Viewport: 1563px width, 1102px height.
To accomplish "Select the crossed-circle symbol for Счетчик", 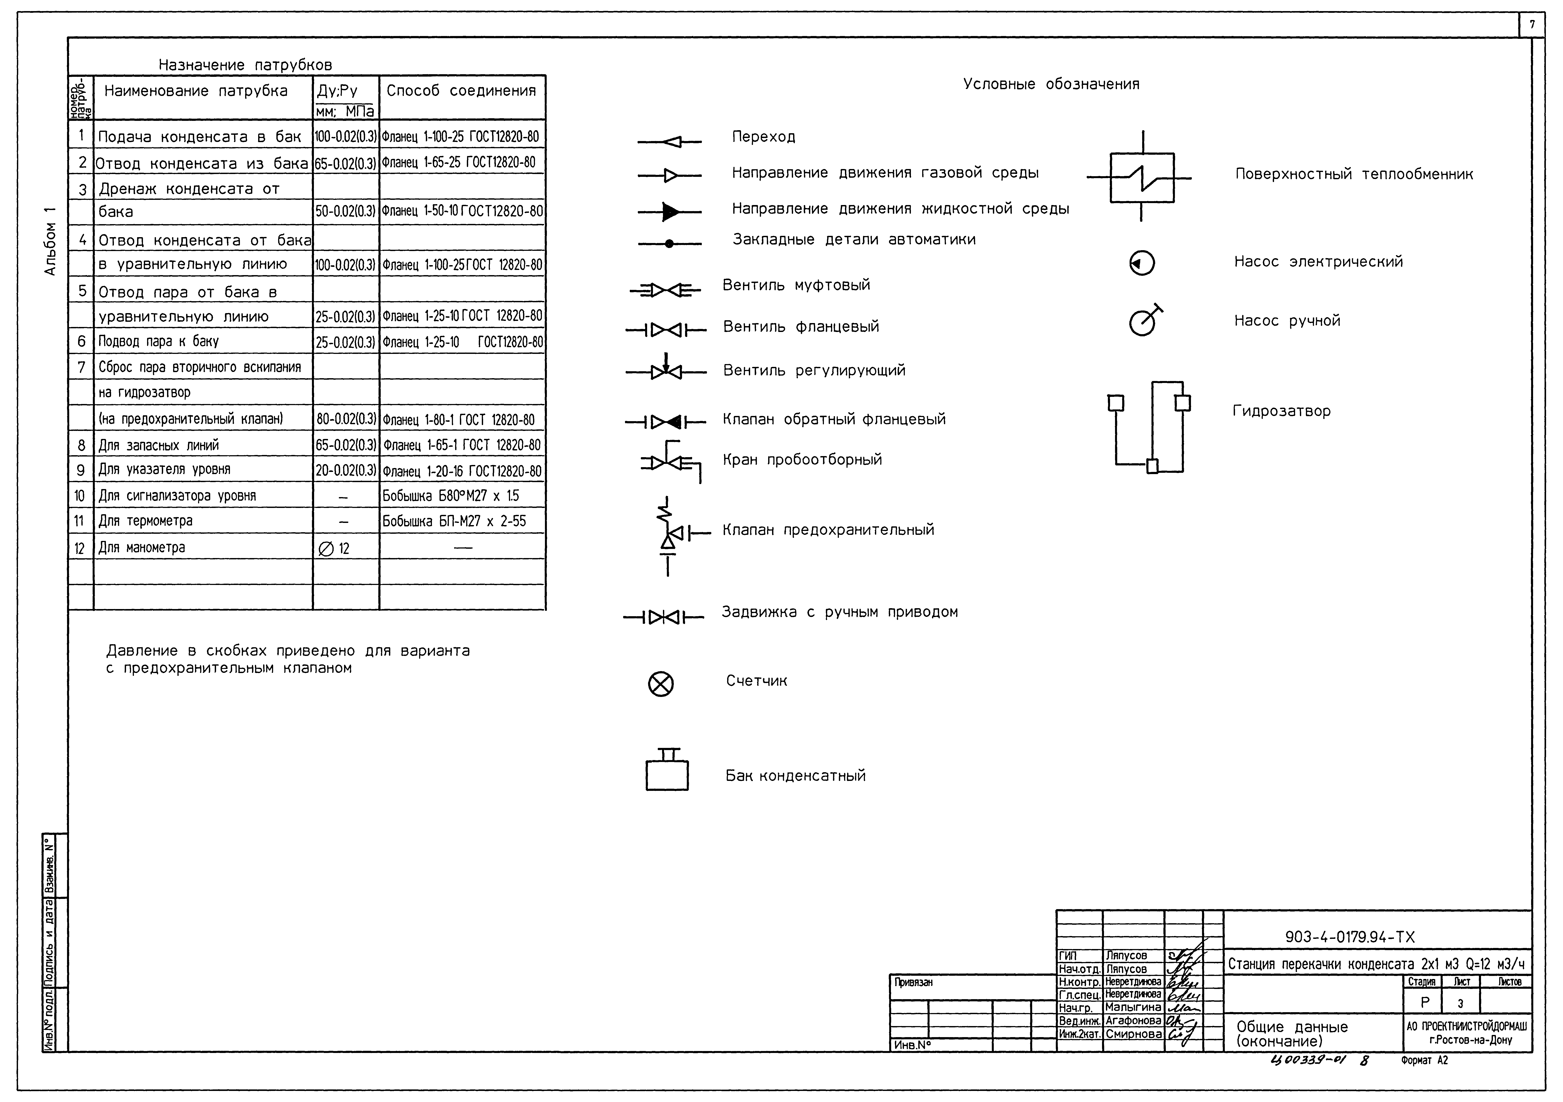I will click(660, 683).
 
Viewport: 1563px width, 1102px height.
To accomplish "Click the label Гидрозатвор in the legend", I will click(1281, 411).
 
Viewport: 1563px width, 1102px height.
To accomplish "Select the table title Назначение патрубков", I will click(245, 65).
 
